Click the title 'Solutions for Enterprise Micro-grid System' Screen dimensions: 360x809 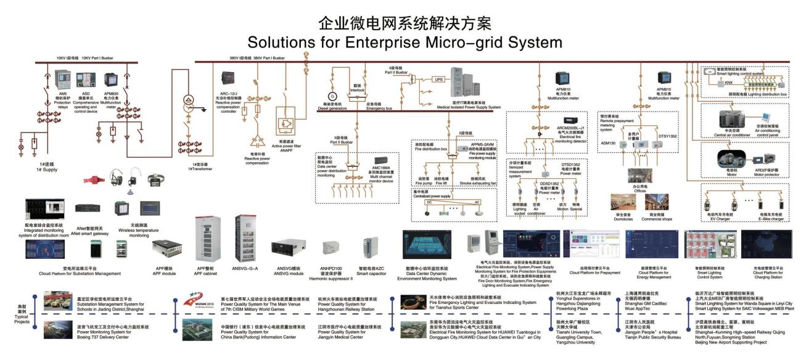pyautogui.click(x=404, y=43)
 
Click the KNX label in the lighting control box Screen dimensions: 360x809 pyautogui.click(x=728, y=81)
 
